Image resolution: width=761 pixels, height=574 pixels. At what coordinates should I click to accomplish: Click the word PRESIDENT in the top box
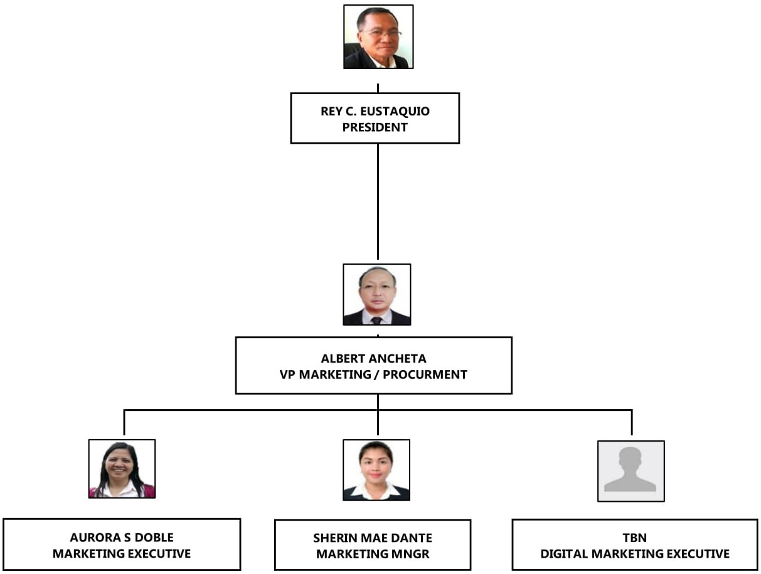(x=375, y=127)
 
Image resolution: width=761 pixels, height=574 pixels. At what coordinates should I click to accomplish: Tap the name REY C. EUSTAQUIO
(x=375, y=112)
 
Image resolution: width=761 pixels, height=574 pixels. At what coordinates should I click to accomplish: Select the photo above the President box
(x=378, y=36)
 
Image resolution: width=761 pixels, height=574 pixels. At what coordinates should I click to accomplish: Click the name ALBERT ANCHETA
(x=373, y=359)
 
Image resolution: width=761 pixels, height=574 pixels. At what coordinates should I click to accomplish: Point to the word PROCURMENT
(x=427, y=375)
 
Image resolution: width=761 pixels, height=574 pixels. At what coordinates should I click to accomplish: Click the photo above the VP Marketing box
(x=377, y=294)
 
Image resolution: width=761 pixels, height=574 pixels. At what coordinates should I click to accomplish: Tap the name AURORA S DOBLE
(x=122, y=538)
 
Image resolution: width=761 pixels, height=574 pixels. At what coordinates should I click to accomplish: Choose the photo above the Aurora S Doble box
(x=122, y=469)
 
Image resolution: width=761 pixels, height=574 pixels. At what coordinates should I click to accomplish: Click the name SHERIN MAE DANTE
(x=373, y=538)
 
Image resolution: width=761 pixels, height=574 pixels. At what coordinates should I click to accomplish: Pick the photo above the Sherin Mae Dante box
(x=376, y=469)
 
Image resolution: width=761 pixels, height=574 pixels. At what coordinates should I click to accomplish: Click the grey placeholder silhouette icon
(x=631, y=470)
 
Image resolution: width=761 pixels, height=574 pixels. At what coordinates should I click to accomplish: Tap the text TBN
(x=635, y=538)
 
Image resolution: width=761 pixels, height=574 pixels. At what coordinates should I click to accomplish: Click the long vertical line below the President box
(x=378, y=201)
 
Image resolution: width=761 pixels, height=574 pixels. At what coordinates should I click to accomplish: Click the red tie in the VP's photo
(x=376, y=320)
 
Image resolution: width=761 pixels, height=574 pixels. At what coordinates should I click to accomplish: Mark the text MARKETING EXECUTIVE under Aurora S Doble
(x=122, y=554)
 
